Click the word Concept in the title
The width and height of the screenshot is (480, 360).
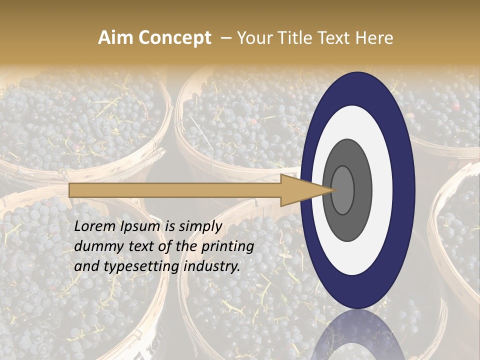point(175,38)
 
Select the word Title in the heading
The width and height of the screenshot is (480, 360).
point(300,38)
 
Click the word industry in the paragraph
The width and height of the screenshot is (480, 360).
point(212,266)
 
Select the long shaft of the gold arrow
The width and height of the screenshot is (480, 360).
point(175,190)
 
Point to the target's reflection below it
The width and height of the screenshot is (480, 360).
point(357,335)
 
